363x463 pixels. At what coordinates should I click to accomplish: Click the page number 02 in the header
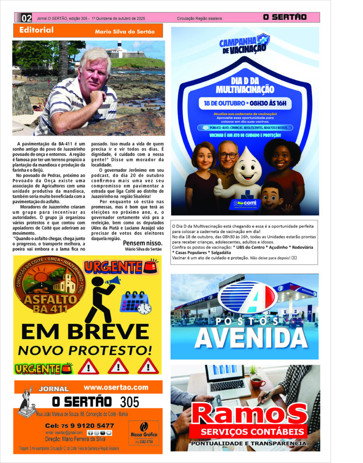point(27,18)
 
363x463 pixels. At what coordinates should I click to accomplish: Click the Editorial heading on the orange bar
point(37,30)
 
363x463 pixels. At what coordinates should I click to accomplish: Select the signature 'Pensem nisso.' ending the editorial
point(142,243)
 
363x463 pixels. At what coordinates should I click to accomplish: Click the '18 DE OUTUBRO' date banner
point(244,103)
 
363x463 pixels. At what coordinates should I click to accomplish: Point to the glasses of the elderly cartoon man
point(228,155)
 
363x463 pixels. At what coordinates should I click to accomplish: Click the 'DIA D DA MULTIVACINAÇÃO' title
point(245,84)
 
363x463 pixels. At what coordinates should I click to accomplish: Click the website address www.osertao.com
point(116,387)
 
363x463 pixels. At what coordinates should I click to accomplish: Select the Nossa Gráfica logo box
point(143,433)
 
